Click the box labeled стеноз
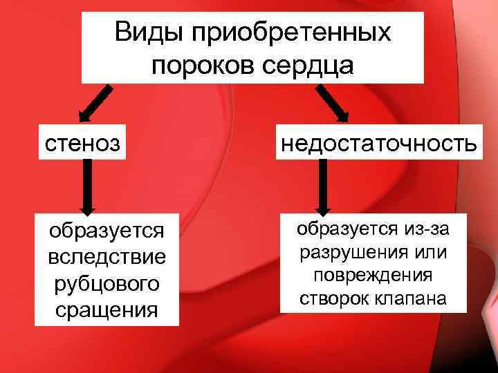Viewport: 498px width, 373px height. point(82,144)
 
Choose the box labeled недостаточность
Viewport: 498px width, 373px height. point(377,144)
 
